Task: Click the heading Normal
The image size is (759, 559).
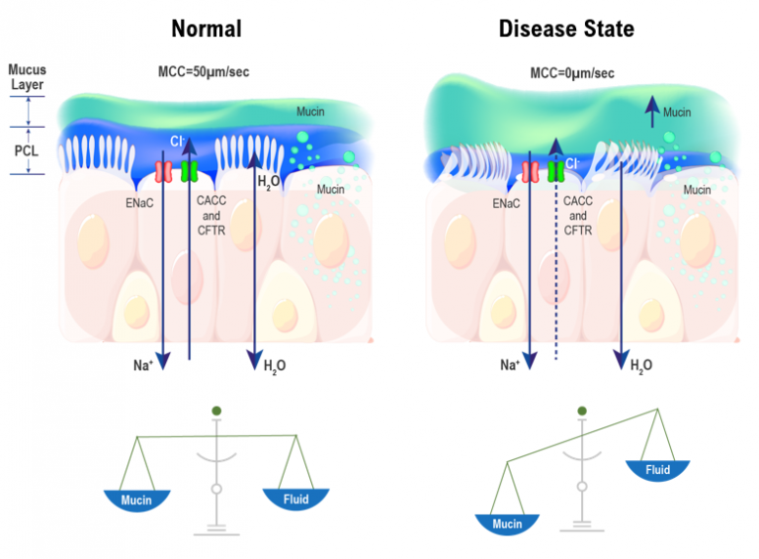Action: tap(206, 29)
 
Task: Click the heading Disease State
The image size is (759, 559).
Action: tap(566, 29)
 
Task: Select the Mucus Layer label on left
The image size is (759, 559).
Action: tap(26, 77)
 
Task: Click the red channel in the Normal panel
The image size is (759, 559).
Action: tap(164, 170)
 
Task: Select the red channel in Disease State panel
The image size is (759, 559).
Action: tap(531, 171)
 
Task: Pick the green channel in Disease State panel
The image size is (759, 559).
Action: tap(556, 171)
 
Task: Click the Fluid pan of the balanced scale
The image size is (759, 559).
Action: tap(295, 501)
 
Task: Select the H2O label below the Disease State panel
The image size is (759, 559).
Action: tap(641, 365)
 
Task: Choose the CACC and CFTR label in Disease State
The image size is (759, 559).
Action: tap(578, 215)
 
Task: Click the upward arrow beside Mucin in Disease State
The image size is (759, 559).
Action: tap(650, 114)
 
